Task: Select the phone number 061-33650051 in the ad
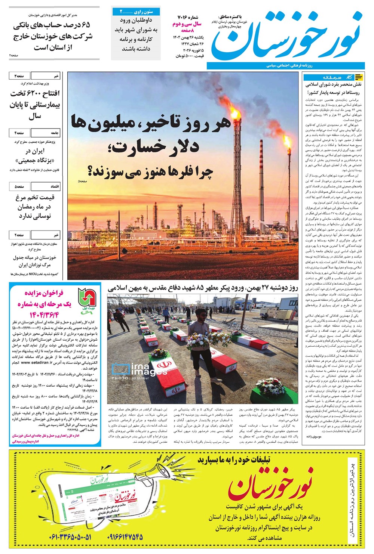(x=70, y=538)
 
